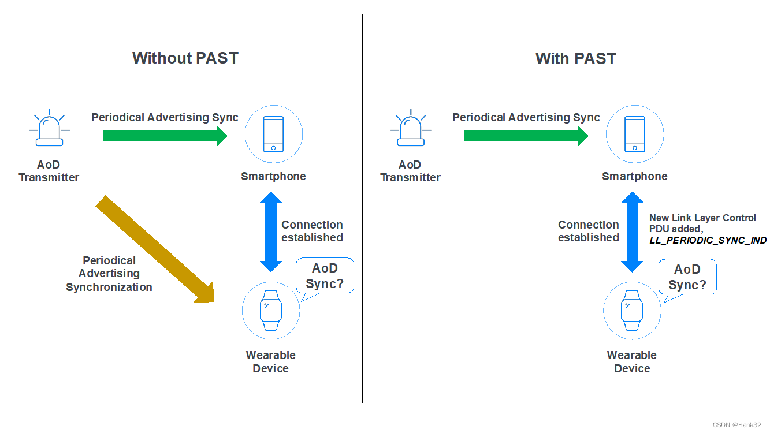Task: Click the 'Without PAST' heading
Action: tap(185, 58)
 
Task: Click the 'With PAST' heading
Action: tap(575, 58)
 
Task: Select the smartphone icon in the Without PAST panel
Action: tap(273, 135)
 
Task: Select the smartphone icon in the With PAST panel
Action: tap(634, 135)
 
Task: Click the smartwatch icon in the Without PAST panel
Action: tap(270, 311)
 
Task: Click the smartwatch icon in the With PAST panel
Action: tap(631, 311)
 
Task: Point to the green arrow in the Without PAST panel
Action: tap(165, 136)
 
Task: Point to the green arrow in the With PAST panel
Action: tap(526, 136)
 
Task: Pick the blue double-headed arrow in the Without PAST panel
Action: tap(270, 232)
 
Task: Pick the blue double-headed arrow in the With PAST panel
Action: tap(632, 232)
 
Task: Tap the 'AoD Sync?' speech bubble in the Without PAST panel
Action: tap(325, 276)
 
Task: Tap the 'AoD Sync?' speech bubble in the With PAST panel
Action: tap(687, 277)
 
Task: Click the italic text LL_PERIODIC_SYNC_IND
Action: tap(708, 240)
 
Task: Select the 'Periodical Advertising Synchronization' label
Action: tap(109, 274)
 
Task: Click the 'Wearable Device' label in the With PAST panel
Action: tap(632, 362)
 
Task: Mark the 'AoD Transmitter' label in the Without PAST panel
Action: tap(49, 171)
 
